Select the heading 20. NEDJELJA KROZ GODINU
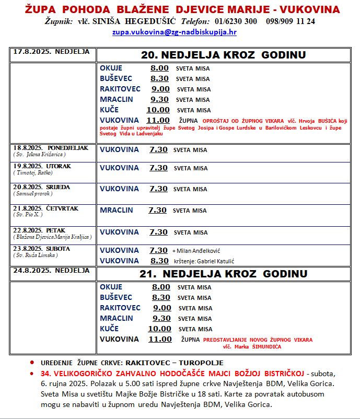pyautogui.click(x=223, y=55)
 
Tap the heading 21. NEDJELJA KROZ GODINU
pyautogui.click(x=223, y=274)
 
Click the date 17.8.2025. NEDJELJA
pyautogui.click(x=51, y=52)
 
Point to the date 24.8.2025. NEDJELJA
pyautogui.click(x=51, y=271)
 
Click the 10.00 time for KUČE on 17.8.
pyautogui.click(x=158, y=110)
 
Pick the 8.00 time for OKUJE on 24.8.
pyautogui.click(x=161, y=287)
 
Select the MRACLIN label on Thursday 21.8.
pyautogui.click(x=117, y=210)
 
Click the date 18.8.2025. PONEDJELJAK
pyautogui.click(x=51, y=148)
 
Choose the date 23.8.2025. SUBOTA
pyautogui.click(x=41, y=248)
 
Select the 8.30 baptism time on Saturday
pyautogui.click(x=159, y=261)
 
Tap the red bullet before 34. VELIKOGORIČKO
pyautogui.click(x=32, y=374)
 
